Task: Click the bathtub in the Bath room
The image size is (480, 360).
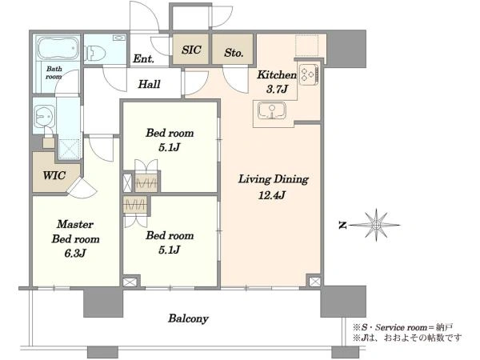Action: (x=58, y=48)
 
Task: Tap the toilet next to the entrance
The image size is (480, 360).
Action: (x=96, y=54)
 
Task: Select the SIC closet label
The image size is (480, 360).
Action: (x=191, y=50)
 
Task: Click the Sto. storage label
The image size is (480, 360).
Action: (x=234, y=53)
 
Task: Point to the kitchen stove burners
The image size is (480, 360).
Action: (x=309, y=74)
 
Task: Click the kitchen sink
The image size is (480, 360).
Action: (x=272, y=110)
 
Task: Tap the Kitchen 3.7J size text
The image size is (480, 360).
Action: (x=277, y=89)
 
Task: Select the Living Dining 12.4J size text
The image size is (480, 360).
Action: (x=272, y=194)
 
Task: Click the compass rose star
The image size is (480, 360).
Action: (x=376, y=225)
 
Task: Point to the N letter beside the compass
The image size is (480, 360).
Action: (x=342, y=226)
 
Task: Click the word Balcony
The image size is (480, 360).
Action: (x=188, y=318)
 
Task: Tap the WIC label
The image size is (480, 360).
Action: (x=54, y=175)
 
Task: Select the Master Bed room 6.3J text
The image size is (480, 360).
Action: (x=75, y=238)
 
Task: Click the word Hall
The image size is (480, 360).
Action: (x=149, y=84)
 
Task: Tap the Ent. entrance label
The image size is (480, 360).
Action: (x=143, y=58)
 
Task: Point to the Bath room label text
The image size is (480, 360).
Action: (x=54, y=73)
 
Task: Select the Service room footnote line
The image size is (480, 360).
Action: (x=402, y=327)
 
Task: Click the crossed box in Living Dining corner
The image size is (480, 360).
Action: (x=314, y=282)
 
